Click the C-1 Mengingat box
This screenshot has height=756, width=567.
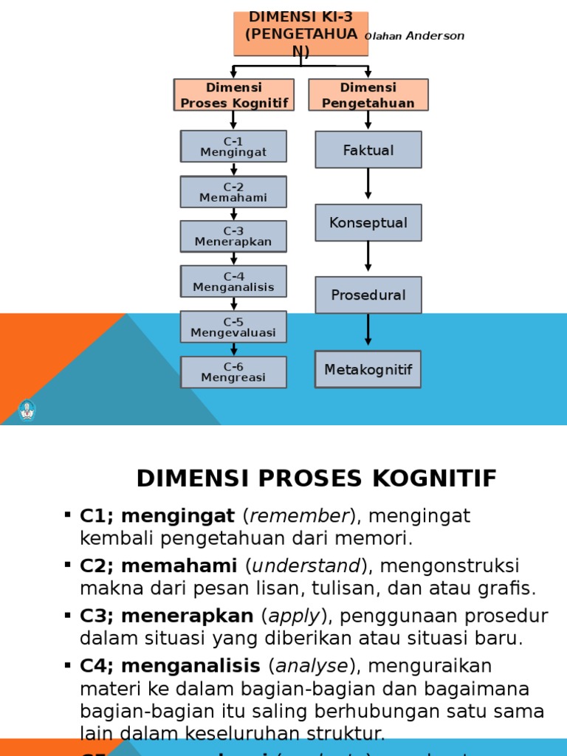pyautogui.click(x=233, y=146)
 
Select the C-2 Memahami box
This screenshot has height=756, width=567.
pyautogui.click(x=233, y=192)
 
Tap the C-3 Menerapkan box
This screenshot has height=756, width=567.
pyautogui.click(x=233, y=236)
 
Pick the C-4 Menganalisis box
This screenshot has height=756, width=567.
pyautogui.click(x=233, y=281)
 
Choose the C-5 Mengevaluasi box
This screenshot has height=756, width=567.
pyautogui.click(x=233, y=326)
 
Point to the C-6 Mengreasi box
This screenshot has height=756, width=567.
pyautogui.click(x=233, y=372)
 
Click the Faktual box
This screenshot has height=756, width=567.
pyautogui.click(x=368, y=150)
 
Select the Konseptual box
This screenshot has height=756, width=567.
pyautogui.click(x=368, y=222)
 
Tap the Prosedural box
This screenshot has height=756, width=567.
pyautogui.click(x=368, y=295)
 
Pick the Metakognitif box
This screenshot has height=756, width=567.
pyautogui.click(x=368, y=369)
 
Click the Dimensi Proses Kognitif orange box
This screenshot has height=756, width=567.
pyautogui.click(x=234, y=95)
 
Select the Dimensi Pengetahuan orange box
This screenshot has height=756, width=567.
pyautogui.click(x=368, y=95)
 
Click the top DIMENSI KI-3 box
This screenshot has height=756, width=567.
pyautogui.click(x=300, y=34)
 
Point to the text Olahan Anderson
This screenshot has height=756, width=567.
pyautogui.click(x=415, y=36)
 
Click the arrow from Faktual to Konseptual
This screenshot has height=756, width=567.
pyautogui.click(x=368, y=185)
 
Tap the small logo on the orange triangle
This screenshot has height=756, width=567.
pyautogui.click(x=27, y=410)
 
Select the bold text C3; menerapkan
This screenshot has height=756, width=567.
pyautogui.click(x=168, y=616)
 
